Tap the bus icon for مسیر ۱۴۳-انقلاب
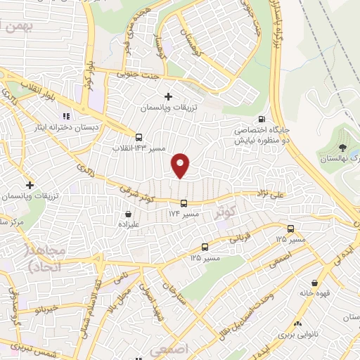(139, 137)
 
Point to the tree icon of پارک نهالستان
(342, 148)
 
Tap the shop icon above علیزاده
(128, 214)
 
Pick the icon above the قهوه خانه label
(307, 281)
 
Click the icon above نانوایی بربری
(298, 324)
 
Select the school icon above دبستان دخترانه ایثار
(66, 116)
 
